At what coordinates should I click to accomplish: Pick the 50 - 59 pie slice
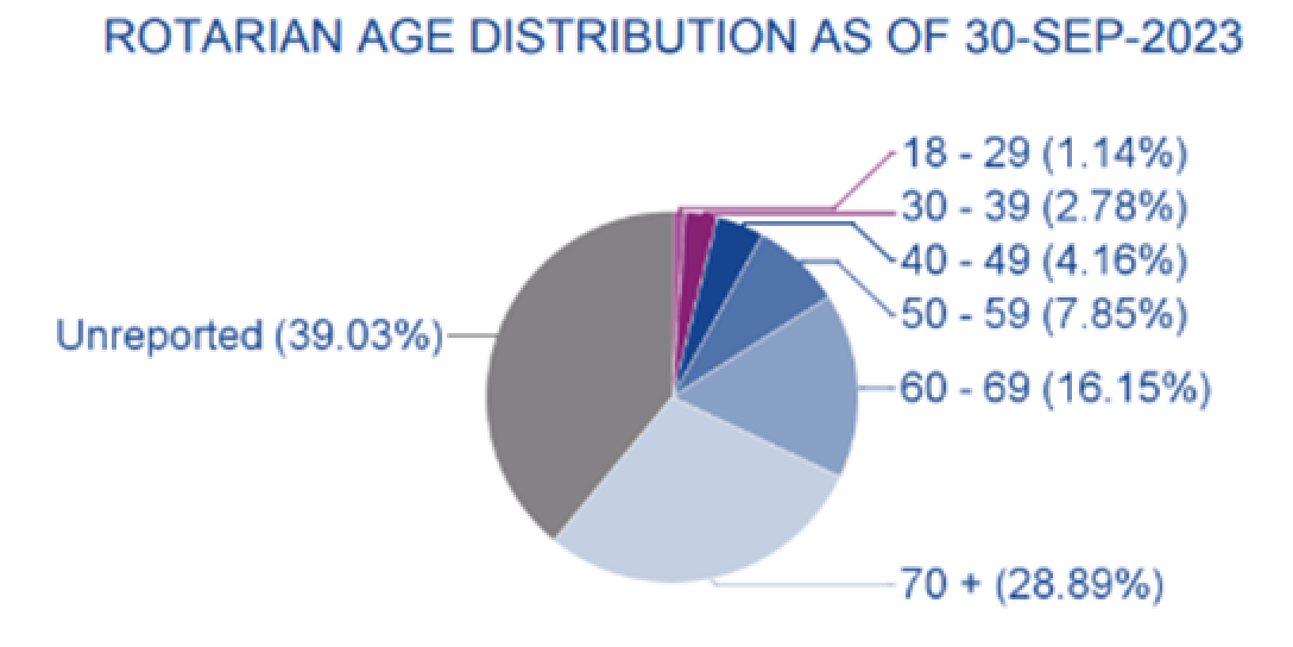(769, 291)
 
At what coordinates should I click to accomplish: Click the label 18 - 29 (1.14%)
(1044, 154)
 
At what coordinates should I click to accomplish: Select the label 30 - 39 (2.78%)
(1044, 207)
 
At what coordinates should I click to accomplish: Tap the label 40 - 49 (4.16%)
(1044, 260)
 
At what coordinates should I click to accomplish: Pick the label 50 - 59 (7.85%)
(1044, 314)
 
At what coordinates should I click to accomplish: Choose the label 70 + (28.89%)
(1032, 584)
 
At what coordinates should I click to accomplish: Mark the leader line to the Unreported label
(471, 336)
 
